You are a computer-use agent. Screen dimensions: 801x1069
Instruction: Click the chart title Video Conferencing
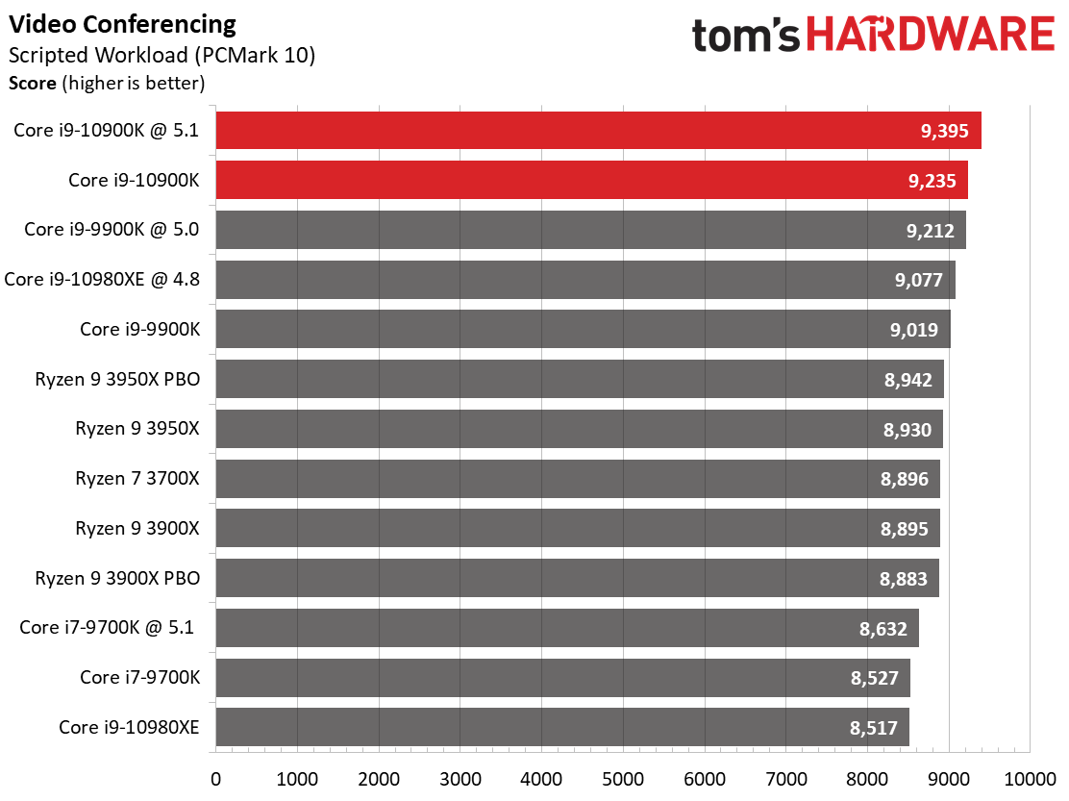coord(123,23)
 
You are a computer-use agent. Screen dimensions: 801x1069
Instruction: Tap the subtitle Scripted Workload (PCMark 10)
coord(162,54)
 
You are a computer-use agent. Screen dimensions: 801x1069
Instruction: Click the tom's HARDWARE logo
coord(873,36)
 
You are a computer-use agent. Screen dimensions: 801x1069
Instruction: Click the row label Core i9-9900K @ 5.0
coord(112,229)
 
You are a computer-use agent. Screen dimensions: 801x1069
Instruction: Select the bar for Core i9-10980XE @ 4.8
coord(584,279)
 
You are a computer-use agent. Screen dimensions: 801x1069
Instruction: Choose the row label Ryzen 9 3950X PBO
coord(117,379)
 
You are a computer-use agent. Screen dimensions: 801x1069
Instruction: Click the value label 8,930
coord(907,429)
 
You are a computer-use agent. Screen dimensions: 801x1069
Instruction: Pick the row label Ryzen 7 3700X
coord(137,478)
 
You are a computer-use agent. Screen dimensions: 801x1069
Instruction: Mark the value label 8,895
coord(905,528)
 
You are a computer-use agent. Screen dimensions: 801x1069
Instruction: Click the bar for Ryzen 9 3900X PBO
coord(577,578)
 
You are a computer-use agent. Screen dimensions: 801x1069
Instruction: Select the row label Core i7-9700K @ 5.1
coord(107,628)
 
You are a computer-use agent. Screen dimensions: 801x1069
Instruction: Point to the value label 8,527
coord(874,678)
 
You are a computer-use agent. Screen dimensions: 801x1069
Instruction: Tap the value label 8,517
coord(874,727)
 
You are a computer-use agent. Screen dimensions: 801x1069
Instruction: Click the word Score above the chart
coord(32,83)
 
